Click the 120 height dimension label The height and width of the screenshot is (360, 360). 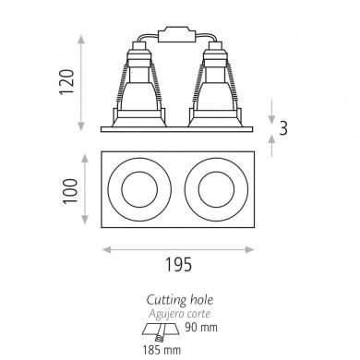click(x=67, y=82)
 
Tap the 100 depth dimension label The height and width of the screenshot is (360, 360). click(x=70, y=191)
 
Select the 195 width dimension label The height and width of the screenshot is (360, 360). click(x=178, y=264)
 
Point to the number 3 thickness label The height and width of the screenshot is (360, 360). click(x=283, y=128)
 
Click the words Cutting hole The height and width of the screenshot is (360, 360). click(x=180, y=300)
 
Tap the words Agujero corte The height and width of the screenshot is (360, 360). click(x=180, y=314)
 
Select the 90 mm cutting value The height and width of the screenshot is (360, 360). click(x=201, y=328)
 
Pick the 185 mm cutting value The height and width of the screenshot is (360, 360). click(x=162, y=350)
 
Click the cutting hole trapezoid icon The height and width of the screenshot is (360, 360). click(x=160, y=331)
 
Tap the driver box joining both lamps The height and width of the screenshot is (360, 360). click(x=176, y=34)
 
